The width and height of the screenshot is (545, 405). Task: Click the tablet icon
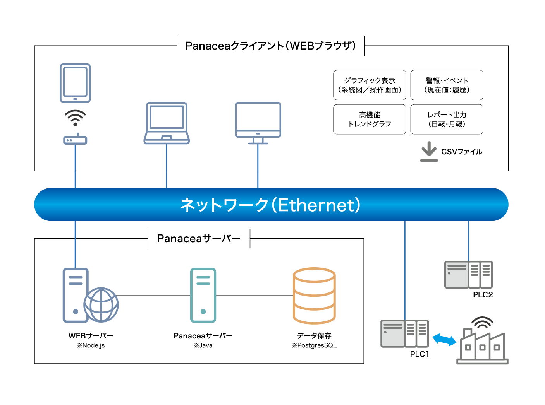[x=75, y=83]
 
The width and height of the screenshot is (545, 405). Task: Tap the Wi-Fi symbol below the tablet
[x=75, y=117]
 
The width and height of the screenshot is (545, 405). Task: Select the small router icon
[x=75, y=140]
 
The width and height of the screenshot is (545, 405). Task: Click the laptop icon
[x=167, y=123]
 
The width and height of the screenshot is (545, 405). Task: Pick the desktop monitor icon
[x=258, y=122]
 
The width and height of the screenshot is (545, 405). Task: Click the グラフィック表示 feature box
[x=370, y=85]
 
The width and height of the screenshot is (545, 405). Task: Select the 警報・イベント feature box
[x=447, y=85]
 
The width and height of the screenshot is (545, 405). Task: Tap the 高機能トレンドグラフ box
[x=370, y=120]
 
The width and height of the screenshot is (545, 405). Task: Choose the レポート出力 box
[x=447, y=120]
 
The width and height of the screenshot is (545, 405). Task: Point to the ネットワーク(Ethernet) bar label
[x=270, y=205]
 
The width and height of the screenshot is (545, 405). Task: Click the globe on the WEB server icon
[x=101, y=305]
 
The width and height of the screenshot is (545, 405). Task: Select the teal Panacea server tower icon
[x=203, y=295]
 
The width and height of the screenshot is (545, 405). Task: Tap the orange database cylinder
[x=314, y=296]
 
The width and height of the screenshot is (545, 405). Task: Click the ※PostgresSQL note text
[x=314, y=345]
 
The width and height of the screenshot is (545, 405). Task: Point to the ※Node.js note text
[x=91, y=345]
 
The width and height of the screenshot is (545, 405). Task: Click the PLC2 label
[x=483, y=295]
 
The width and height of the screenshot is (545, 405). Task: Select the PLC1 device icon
[x=405, y=333]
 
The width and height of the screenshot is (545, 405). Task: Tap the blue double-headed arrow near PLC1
[x=444, y=340]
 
